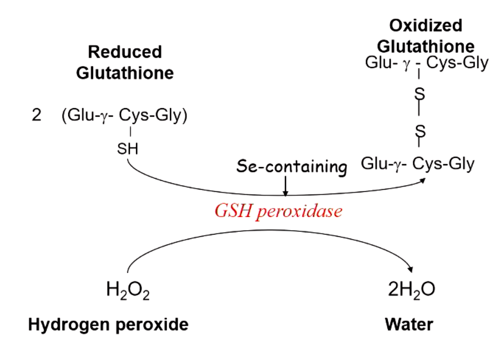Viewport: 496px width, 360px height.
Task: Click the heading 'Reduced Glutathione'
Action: [x=125, y=62]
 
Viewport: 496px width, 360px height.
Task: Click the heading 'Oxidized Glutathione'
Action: [x=426, y=35]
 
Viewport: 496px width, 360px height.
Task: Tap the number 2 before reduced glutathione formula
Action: [x=37, y=117]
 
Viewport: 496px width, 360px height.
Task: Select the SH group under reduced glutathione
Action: [x=128, y=149]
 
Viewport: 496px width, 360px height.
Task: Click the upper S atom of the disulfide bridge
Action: [x=420, y=94]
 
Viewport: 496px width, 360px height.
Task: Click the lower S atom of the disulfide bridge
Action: [x=420, y=131]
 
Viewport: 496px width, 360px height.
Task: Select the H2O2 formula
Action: [x=127, y=290]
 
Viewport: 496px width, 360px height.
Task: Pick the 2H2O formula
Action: [x=411, y=290]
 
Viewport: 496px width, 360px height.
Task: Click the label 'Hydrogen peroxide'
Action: [x=108, y=324]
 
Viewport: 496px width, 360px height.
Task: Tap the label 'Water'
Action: [x=409, y=324]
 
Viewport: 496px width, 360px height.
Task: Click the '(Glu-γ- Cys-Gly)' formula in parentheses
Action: [x=124, y=117]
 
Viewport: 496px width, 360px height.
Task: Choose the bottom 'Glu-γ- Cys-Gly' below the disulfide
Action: [x=418, y=164]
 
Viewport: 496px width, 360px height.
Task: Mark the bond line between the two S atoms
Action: [x=420, y=113]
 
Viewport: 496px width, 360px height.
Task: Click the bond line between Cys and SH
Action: [x=130, y=132]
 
